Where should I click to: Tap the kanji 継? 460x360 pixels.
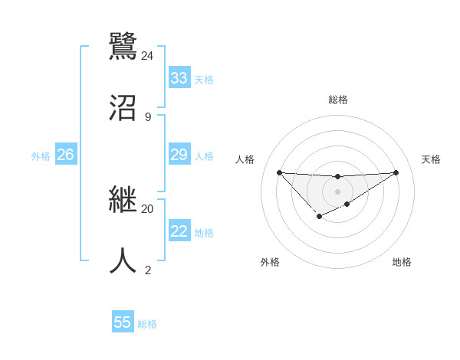(123, 200)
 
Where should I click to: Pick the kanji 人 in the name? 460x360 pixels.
(123, 260)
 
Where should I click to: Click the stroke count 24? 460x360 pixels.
(147, 55)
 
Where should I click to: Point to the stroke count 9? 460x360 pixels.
(148, 117)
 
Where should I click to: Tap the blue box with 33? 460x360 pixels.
(179, 78)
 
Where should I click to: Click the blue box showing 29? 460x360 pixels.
(179, 155)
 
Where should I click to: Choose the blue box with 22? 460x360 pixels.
(179, 231)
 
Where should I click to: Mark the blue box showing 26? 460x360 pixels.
(65, 155)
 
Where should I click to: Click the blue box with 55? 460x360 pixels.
(123, 322)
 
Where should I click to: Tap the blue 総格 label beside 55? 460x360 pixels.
(147, 324)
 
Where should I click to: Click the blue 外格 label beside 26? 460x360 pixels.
(41, 156)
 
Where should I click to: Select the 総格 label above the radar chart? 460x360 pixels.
(338, 100)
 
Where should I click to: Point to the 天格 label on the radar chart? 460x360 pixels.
(431, 159)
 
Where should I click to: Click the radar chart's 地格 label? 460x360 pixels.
(402, 262)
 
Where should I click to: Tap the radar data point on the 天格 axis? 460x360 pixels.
(396, 172)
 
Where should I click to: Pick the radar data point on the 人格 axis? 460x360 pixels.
(279, 172)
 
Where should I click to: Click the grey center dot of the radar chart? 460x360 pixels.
(337, 191)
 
